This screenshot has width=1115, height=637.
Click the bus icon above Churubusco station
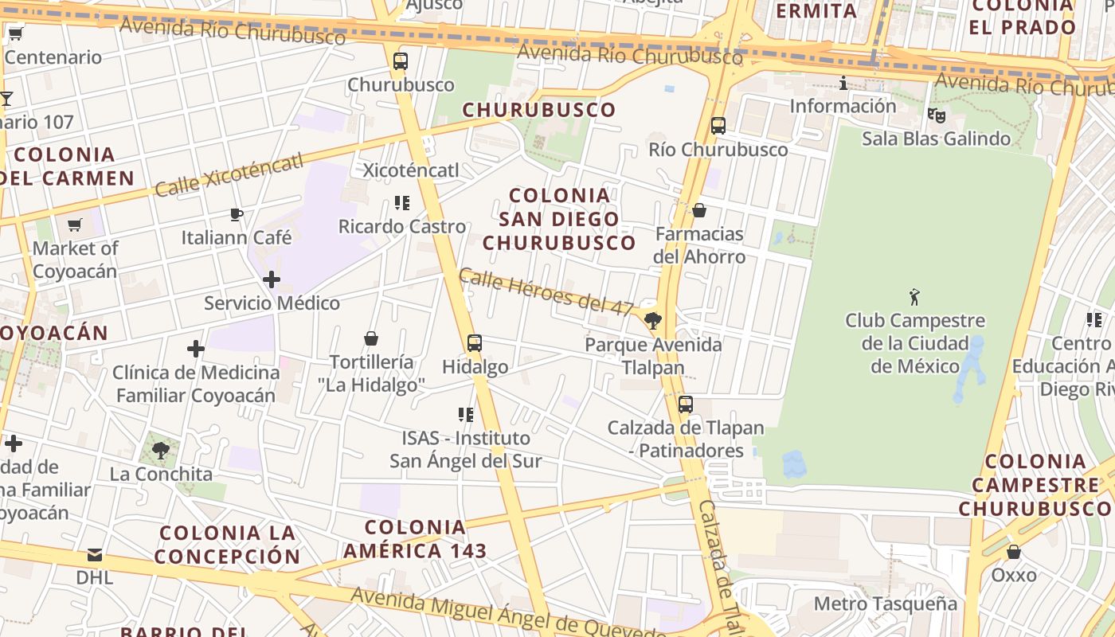[401, 61]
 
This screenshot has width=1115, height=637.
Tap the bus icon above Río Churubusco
[718, 126]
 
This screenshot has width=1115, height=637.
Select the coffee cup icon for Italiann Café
[237, 214]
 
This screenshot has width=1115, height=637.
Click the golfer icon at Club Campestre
[914, 298]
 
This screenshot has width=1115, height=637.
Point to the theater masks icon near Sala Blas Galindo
[937, 115]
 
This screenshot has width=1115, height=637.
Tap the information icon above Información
[843, 83]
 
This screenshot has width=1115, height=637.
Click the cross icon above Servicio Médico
[272, 279]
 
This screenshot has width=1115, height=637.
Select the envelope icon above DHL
[95, 554]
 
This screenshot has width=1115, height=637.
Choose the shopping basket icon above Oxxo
[1014, 552]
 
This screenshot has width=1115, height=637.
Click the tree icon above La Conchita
[161, 451]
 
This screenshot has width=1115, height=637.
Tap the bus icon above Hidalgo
[475, 343]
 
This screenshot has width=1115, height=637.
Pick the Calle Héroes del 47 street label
[546, 291]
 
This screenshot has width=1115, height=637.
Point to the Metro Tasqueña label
[885, 604]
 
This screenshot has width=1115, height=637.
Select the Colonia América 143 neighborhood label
[415, 538]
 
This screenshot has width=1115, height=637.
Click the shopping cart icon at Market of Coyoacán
[75, 225]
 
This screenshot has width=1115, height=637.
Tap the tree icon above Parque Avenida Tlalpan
[653, 321]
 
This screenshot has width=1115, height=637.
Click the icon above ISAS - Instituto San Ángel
[466, 415]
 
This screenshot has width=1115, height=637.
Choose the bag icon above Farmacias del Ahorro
[699, 210]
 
